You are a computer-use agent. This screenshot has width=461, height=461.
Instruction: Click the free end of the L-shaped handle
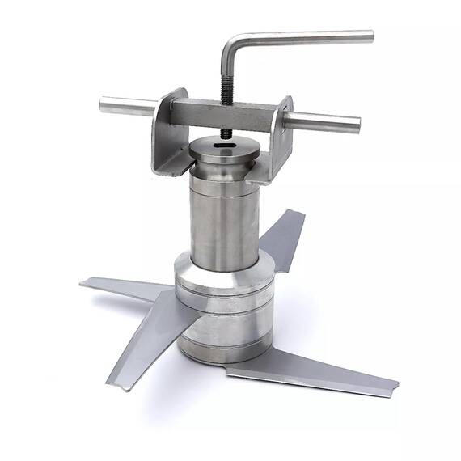tap(370, 36)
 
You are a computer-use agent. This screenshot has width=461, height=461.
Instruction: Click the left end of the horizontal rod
tap(104, 104)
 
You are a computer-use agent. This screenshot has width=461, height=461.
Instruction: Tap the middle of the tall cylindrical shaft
tap(224, 218)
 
